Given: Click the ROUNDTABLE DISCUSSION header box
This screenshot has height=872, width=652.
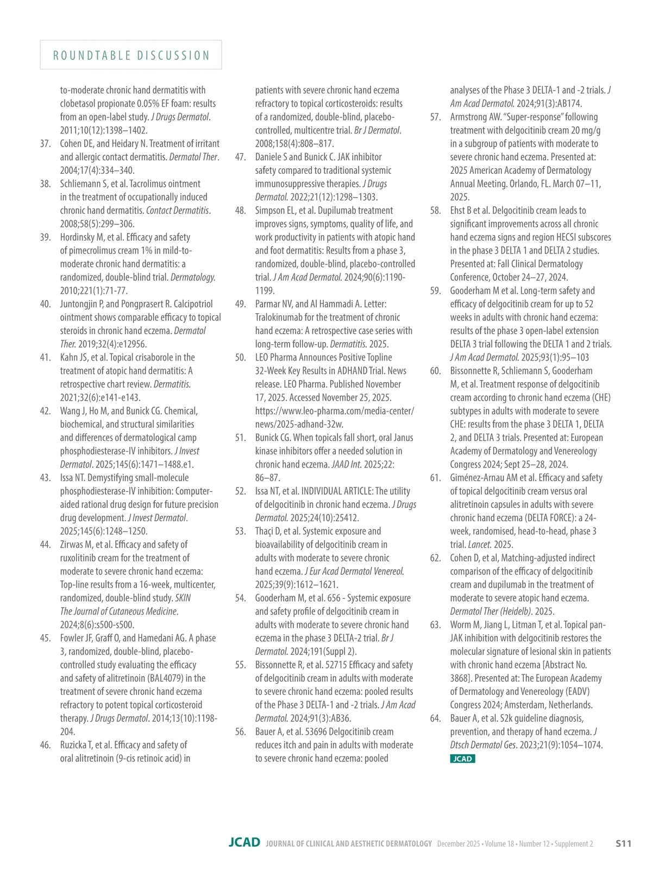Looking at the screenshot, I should pyautogui.click(x=131, y=55).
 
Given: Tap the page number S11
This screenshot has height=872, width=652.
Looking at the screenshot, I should pyautogui.click(x=623, y=843).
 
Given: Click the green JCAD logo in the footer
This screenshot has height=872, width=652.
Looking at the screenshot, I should pyautogui.click(x=244, y=843).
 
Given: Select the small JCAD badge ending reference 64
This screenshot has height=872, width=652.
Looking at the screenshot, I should pyautogui.click(x=462, y=759).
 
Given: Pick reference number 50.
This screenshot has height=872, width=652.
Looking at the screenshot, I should pyautogui.click(x=241, y=358).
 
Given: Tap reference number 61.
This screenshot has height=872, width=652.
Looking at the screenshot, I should pyautogui.click(x=435, y=478).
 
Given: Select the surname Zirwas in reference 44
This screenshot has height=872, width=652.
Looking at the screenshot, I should pyautogui.click(x=72, y=545).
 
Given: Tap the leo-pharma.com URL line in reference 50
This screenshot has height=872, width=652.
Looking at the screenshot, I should pyautogui.click(x=334, y=411).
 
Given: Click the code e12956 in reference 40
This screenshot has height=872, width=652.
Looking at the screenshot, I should pyautogui.click(x=129, y=344).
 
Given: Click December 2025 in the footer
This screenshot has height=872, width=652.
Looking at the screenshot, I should pyautogui.click(x=459, y=844).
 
